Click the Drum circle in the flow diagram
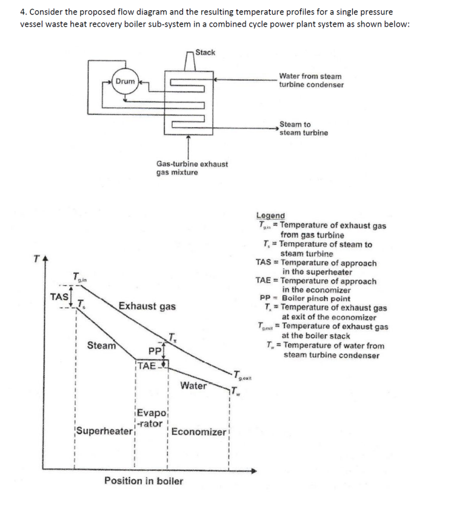tap(125, 81)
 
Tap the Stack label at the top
tap(205, 52)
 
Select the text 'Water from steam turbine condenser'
tap(311, 81)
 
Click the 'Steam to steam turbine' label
tap(304, 129)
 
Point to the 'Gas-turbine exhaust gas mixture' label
tap(192, 168)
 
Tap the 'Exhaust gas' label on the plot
tap(147, 306)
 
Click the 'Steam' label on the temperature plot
tap(101, 346)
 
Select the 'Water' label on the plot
tap(193, 385)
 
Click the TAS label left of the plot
tap(59, 297)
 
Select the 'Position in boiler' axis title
tap(144, 481)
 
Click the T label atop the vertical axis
tap(37, 260)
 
